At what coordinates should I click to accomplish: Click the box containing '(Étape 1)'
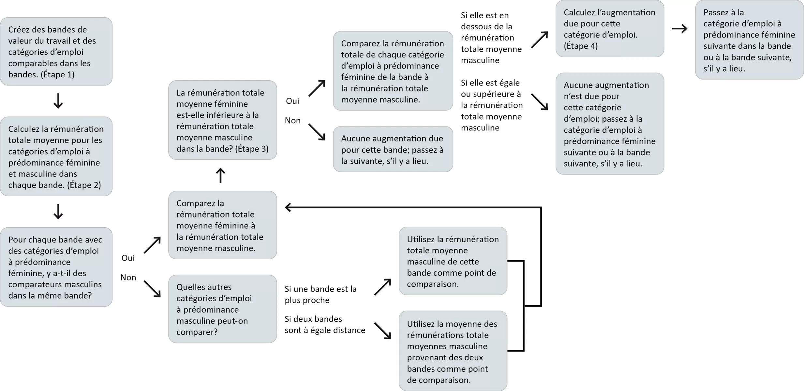click(56, 52)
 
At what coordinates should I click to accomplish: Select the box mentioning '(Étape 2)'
click(56, 157)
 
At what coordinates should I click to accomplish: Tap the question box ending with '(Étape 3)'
click(223, 120)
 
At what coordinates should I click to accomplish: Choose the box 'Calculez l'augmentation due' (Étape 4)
click(610, 29)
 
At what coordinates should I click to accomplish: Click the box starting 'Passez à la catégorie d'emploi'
click(749, 40)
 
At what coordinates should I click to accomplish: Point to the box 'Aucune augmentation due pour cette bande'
click(393, 149)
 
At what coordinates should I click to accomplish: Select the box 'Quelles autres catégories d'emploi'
click(223, 309)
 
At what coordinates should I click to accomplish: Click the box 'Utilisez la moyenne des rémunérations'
click(453, 351)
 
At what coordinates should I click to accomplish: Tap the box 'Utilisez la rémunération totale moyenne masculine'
click(453, 261)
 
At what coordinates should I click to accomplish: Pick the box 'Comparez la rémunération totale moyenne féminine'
click(223, 225)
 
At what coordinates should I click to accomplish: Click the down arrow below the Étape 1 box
click(58, 101)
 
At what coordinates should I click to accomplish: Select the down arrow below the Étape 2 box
click(58, 212)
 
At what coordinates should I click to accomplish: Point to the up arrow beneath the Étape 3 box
click(220, 175)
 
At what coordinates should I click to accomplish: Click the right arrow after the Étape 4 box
click(680, 29)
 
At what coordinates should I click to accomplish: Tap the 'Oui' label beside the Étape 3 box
click(292, 101)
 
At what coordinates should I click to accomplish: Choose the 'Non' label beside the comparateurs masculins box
click(128, 278)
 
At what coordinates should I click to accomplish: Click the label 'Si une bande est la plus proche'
click(320, 294)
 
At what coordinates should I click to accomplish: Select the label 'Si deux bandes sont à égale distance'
click(325, 324)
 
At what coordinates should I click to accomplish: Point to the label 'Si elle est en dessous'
click(491, 38)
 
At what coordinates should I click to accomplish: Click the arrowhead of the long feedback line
click(288, 207)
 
